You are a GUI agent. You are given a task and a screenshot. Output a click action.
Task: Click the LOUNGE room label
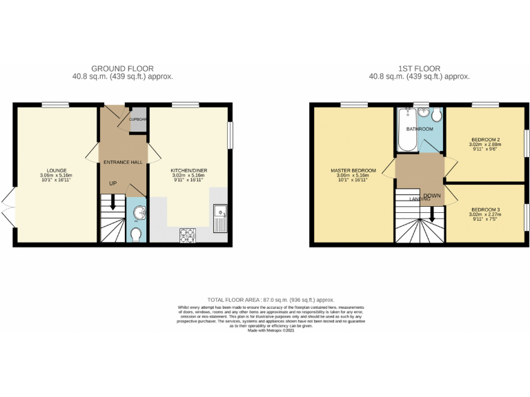pyautogui.click(x=56, y=170)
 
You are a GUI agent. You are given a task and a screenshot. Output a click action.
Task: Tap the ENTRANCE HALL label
pyautogui.click(x=123, y=162)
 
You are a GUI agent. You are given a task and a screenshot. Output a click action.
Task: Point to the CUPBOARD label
pyautogui.click(x=137, y=119)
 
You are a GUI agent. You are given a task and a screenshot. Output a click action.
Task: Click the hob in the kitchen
pyautogui.click(x=187, y=235)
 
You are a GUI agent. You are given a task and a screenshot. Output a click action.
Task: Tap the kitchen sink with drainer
pyautogui.click(x=222, y=218)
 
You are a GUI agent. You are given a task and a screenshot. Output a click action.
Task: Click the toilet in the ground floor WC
pyautogui.click(x=136, y=234)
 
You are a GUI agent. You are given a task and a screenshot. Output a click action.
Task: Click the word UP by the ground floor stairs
pyautogui.click(x=112, y=183)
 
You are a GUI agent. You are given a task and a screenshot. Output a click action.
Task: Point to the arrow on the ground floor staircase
pyautogui.click(x=112, y=205)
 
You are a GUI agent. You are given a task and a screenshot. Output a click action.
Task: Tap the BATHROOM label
pyautogui.click(x=420, y=129)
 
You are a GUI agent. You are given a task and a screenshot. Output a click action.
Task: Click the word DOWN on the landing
pyautogui.click(x=433, y=196)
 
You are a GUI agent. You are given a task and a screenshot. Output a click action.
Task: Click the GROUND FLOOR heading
pyautogui.click(x=122, y=68)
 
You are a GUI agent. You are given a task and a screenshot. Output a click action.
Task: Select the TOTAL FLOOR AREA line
pyautogui.click(x=265, y=300)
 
